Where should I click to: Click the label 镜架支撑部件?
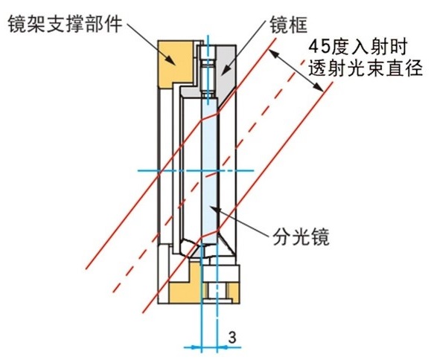tap(66, 24)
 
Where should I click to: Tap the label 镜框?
tap(289, 25)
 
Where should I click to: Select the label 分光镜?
tap(301, 237)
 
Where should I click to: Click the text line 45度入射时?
tap(357, 48)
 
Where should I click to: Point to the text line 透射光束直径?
tap(366, 68)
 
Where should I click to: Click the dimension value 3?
tap(232, 338)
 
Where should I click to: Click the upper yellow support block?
tap(175, 64)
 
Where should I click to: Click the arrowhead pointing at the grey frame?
tap(226, 70)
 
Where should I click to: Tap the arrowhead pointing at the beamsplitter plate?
tap(214, 209)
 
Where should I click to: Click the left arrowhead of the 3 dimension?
tap(196, 347)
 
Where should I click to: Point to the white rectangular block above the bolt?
tap(220, 273)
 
